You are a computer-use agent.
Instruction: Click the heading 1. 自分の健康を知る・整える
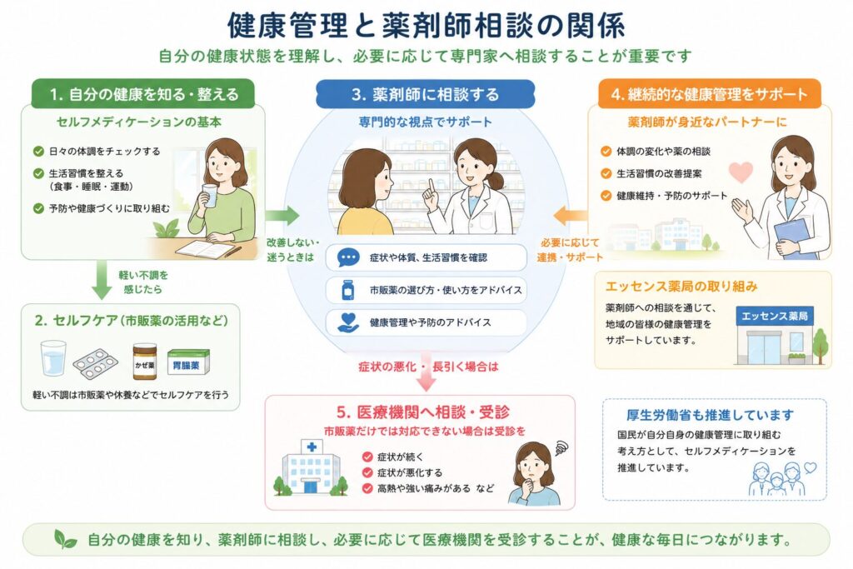[144, 95]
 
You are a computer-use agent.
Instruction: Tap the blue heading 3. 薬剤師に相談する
[425, 95]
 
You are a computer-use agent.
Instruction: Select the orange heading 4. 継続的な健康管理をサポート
[710, 94]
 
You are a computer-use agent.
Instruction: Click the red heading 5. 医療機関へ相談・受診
[422, 412]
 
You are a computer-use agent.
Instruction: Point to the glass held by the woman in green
[208, 195]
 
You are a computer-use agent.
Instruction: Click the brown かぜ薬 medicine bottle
[145, 362]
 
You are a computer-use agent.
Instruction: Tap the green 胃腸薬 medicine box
[187, 362]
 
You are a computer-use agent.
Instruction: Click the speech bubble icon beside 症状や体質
[348, 257]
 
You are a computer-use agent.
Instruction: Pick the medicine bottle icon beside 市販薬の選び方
[348, 289]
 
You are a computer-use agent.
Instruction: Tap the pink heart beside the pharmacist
[741, 172]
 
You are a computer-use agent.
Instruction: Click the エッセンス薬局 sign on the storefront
[774, 316]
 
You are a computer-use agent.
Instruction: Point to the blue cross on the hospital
[312, 447]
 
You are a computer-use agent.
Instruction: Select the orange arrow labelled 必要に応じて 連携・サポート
[570, 216]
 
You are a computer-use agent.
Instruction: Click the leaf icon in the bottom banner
[65, 539]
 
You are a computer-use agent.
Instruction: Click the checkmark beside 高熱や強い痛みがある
[367, 488]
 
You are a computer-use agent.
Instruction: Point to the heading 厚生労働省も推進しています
[710, 416]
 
